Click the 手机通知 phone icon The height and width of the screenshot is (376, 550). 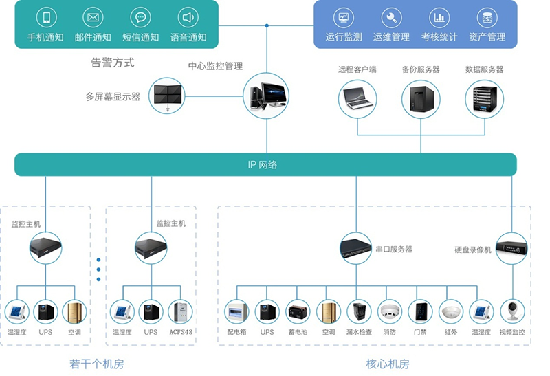[x=46, y=18]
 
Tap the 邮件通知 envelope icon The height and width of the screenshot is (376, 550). [x=93, y=18]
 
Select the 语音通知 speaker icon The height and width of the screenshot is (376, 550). [x=188, y=18]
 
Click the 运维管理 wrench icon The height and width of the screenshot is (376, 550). [x=391, y=18]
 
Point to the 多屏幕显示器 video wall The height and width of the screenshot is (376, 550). [x=168, y=96]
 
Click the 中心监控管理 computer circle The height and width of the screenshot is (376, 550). [x=267, y=97]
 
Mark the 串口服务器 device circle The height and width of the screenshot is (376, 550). [x=356, y=249]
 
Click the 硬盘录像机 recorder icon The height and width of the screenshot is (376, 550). [x=511, y=249]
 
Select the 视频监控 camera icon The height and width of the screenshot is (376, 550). [x=511, y=311]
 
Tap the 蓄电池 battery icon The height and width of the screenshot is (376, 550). [x=298, y=311]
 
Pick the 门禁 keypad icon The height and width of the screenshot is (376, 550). [x=420, y=311]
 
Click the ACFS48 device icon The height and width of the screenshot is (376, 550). [x=181, y=311]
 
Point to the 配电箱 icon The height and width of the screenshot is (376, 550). [x=236, y=311]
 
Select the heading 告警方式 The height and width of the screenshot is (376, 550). [x=113, y=63]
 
